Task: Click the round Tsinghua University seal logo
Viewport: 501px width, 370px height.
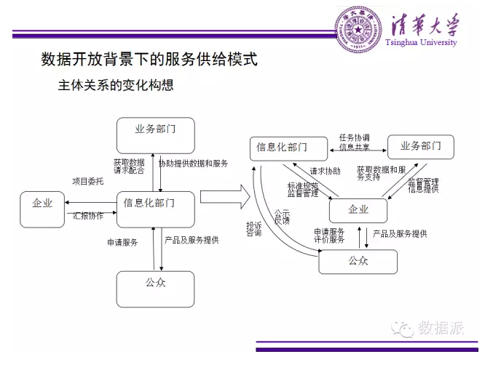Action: tap(357, 28)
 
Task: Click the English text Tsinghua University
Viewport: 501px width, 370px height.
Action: tap(422, 43)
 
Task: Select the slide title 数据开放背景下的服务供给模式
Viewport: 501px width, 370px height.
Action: tap(149, 60)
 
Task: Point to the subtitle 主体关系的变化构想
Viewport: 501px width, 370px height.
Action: tap(116, 85)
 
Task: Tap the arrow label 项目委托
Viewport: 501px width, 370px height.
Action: tap(87, 180)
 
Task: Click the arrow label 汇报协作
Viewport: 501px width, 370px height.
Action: tap(88, 216)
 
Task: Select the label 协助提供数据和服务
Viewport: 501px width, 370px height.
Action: tap(193, 164)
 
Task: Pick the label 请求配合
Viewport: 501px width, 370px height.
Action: tap(129, 171)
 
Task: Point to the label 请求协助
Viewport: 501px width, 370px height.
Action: tap(325, 172)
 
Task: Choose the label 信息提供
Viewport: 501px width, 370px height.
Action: tap(423, 189)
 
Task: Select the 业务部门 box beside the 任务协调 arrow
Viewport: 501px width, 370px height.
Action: tap(420, 146)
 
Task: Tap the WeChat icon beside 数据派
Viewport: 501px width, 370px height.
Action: tap(403, 329)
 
